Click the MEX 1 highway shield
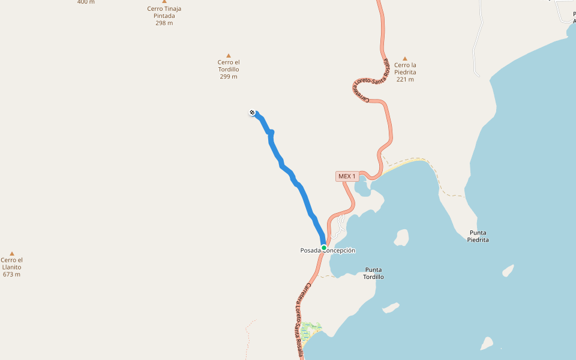tap(347, 176)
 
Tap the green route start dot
tap(323, 247)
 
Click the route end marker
tap(253, 112)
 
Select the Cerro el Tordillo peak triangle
tap(228, 56)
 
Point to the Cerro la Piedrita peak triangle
tap(405, 59)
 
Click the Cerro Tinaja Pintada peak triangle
tap(164, 2)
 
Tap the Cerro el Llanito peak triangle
tap(11, 254)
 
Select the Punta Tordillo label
tap(373, 273)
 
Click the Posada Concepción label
tap(328, 250)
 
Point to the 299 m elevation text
tap(228, 77)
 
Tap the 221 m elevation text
tap(405, 79)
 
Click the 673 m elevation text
tap(11, 274)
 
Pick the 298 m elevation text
tap(164, 23)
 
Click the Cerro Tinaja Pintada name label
tap(164, 12)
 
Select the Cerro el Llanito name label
tap(11, 263)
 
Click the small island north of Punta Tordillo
tap(402, 237)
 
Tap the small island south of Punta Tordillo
tap(391, 308)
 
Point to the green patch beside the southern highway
tap(311, 329)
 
